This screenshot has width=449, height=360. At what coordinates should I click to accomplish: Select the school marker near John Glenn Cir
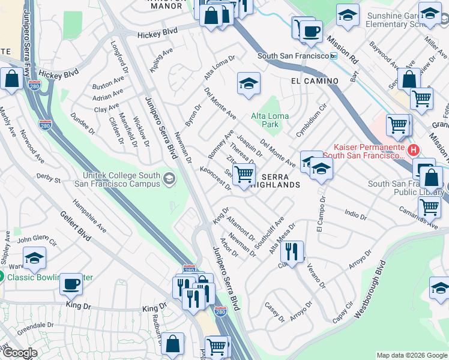pos(34,258)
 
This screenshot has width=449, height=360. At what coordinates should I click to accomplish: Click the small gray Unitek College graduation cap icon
pos(170,178)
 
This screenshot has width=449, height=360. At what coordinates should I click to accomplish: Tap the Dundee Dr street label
pos(83,122)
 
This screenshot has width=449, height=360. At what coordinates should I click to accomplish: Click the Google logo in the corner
pos(19,353)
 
